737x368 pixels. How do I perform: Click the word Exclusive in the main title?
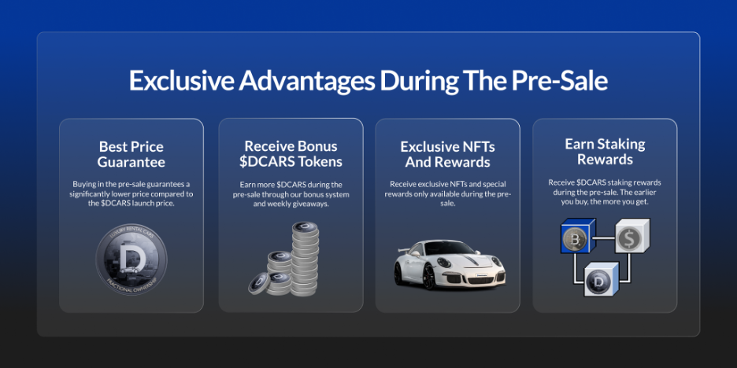(181, 80)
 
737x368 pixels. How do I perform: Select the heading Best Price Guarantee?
(131, 154)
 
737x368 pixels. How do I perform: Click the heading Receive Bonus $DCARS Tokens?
(291, 154)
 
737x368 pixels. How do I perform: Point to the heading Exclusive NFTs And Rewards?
(447, 154)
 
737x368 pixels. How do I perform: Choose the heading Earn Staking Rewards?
(605, 152)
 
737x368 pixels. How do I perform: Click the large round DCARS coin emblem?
(131, 259)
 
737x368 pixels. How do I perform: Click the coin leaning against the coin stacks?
(259, 284)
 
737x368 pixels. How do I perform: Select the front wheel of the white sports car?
(428, 276)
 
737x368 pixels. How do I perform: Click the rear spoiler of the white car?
(405, 251)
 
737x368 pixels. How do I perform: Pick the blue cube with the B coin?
(578, 236)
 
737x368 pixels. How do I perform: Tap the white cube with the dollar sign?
(632, 236)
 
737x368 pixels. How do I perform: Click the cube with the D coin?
(601, 279)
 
